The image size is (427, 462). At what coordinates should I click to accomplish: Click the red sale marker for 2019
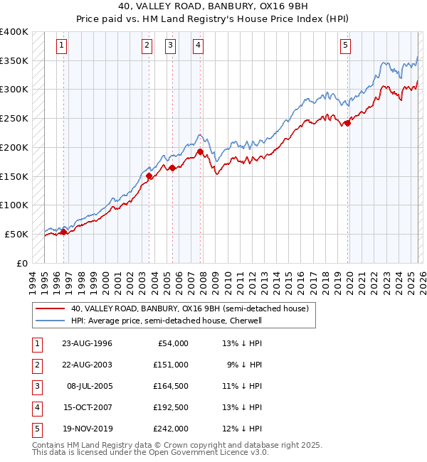pyautogui.click(x=348, y=123)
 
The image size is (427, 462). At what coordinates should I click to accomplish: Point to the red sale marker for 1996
pyautogui.click(x=63, y=232)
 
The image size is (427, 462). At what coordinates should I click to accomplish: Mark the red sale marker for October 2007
pyautogui.click(x=200, y=151)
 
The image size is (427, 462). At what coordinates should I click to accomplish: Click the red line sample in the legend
pyautogui.click(x=50, y=309)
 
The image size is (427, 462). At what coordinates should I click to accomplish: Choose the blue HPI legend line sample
pyautogui.click(x=50, y=321)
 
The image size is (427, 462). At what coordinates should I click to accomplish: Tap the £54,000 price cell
pyautogui.click(x=171, y=343)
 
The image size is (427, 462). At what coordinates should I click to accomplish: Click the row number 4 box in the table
pyautogui.click(x=36, y=407)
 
